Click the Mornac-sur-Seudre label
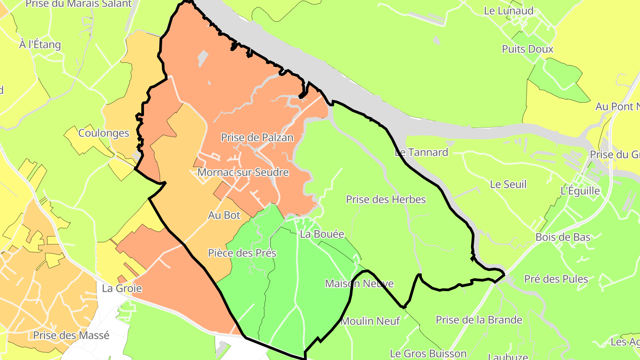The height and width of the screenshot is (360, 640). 243,172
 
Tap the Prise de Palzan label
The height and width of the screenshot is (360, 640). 257,138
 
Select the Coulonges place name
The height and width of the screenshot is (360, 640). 104,133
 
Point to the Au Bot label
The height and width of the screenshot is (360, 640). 224,215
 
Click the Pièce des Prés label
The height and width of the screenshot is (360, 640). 242,253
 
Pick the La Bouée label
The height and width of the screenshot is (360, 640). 322,234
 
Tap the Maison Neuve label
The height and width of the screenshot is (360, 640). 359,284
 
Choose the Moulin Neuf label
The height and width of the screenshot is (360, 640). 371,321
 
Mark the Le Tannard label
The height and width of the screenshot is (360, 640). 421,152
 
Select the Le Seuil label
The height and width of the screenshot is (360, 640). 508,184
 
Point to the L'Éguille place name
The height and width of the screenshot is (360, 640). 580,191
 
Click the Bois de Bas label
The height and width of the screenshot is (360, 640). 563,237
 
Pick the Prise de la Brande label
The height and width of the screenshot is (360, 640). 479,320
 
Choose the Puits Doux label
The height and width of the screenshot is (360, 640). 528,49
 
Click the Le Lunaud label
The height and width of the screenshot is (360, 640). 508,11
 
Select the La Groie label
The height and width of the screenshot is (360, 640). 122,288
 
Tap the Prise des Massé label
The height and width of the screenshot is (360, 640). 71,335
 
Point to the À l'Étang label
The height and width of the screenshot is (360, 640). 40,44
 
